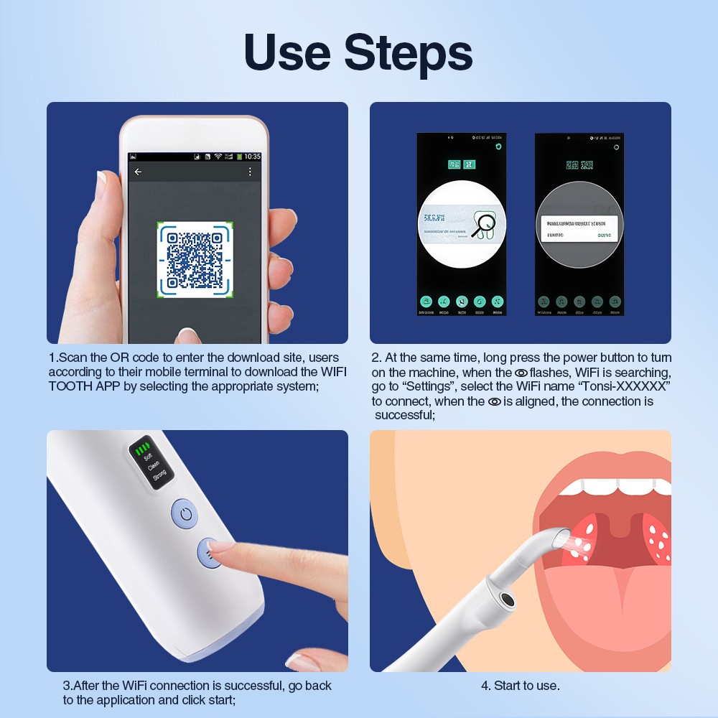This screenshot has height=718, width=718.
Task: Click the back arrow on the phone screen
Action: click(x=138, y=172)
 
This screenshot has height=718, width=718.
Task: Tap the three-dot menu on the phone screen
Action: click(x=250, y=172)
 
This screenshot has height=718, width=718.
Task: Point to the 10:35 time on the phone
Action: click(x=252, y=156)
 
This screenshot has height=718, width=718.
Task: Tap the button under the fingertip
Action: click(x=209, y=553)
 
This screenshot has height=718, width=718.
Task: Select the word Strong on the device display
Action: click(x=159, y=473)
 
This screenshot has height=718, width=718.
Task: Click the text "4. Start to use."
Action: click(x=520, y=686)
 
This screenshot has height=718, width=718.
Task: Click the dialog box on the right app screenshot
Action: click(x=579, y=229)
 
